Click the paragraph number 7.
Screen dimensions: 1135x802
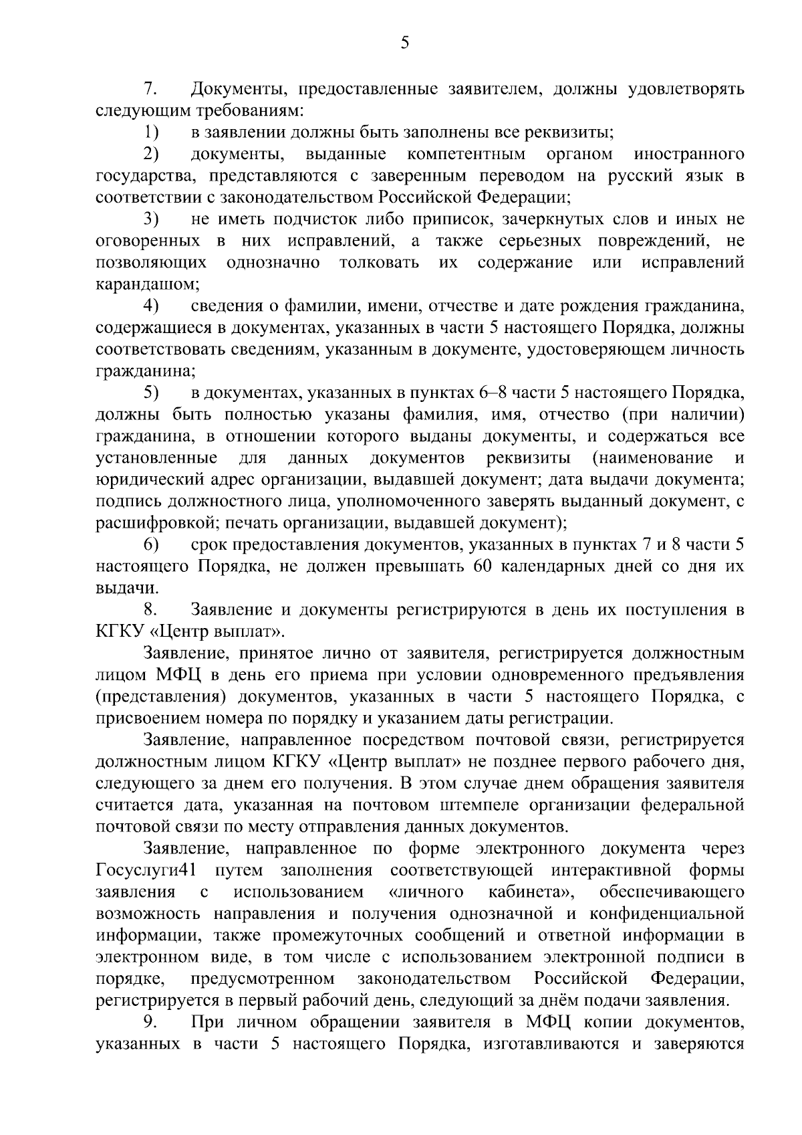[x=150, y=89]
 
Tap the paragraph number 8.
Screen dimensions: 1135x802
[x=150, y=610]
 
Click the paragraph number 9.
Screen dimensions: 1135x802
[x=150, y=1023]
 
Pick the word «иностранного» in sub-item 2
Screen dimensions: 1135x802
[x=689, y=154]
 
